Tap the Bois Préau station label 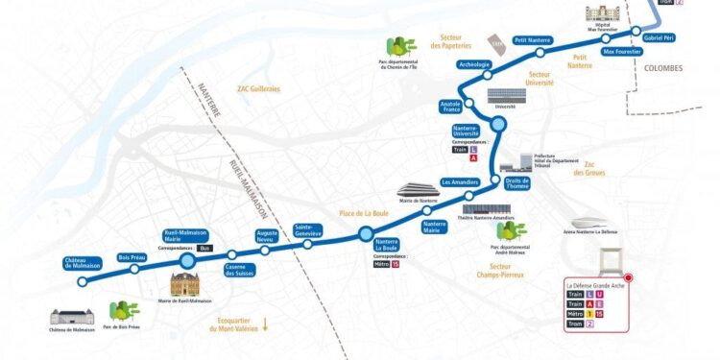(x=131, y=257)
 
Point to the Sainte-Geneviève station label (x=308, y=230)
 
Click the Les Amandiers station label (x=459, y=181)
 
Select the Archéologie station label (x=475, y=65)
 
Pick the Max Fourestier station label (x=620, y=52)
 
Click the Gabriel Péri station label (x=660, y=36)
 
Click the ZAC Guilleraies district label (x=259, y=88)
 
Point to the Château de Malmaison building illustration (x=72, y=318)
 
